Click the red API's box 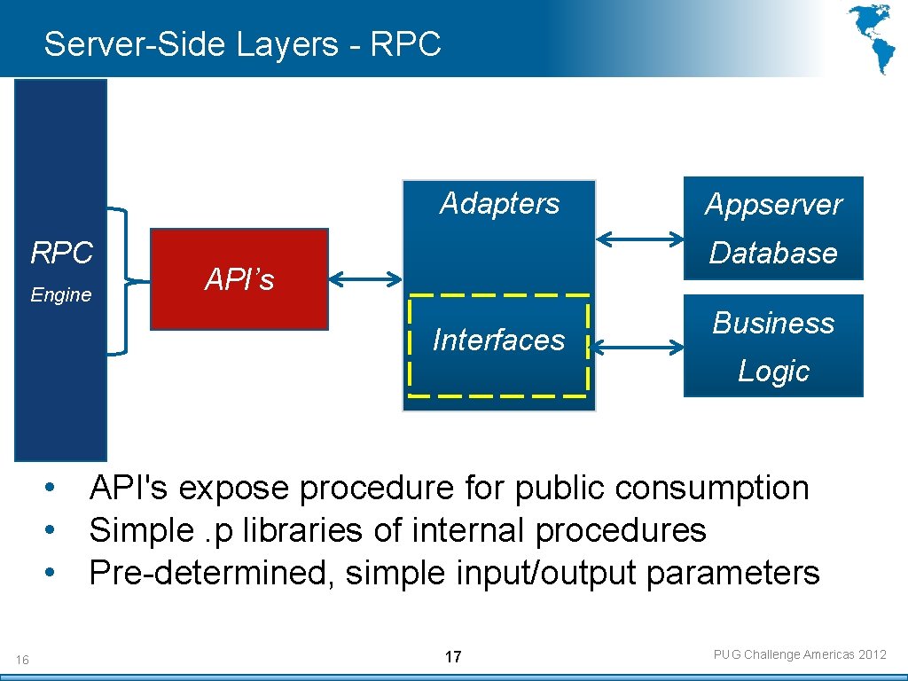(239, 279)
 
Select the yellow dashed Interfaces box (499, 344)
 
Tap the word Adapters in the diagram (499, 204)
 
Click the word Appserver (773, 205)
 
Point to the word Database (773, 253)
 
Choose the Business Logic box (773, 346)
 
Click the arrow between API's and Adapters (364, 279)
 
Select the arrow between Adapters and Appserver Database (639, 238)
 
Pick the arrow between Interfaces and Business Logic (636, 348)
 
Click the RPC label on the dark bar (61, 254)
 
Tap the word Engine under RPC (61, 295)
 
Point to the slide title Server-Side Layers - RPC (242, 43)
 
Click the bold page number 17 (453, 657)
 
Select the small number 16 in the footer (22, 660)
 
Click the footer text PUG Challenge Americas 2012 (800, 655)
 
